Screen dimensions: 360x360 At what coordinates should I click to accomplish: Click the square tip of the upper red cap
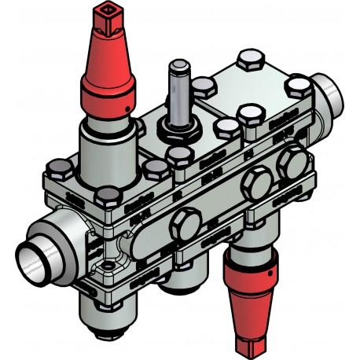[x=104, y=11]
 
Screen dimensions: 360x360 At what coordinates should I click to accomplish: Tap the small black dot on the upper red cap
[x=126, y=105]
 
